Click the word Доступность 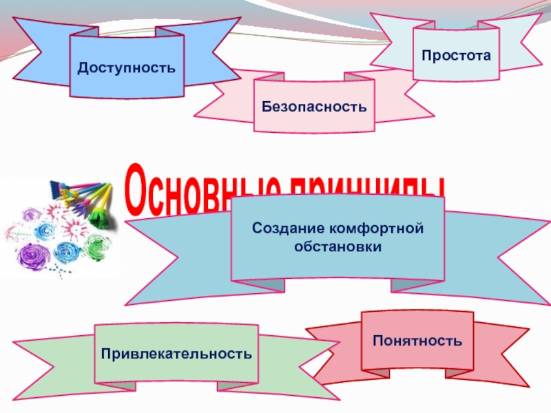pos(126,67)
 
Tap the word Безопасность pos(313,107)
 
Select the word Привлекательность pos(176,354)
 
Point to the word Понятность pos(417,340)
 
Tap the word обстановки pos(337,246)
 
